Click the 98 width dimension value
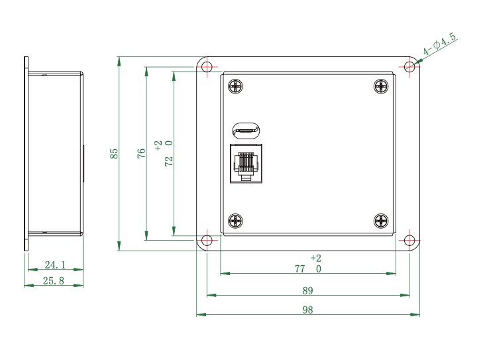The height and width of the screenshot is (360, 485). [307, 310]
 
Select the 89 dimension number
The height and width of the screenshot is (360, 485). [307, 290]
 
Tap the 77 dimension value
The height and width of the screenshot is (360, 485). [299, 269]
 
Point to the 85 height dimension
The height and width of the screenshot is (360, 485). [114, 154]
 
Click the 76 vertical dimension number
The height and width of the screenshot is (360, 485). [141, 153]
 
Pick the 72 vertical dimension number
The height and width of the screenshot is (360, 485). [168, 161]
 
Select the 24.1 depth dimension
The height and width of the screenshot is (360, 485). [55, 265]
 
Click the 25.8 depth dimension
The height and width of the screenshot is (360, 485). [53, 280]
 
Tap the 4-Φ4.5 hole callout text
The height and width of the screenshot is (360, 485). [439, 44]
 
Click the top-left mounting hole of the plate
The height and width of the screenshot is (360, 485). [207, 66]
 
